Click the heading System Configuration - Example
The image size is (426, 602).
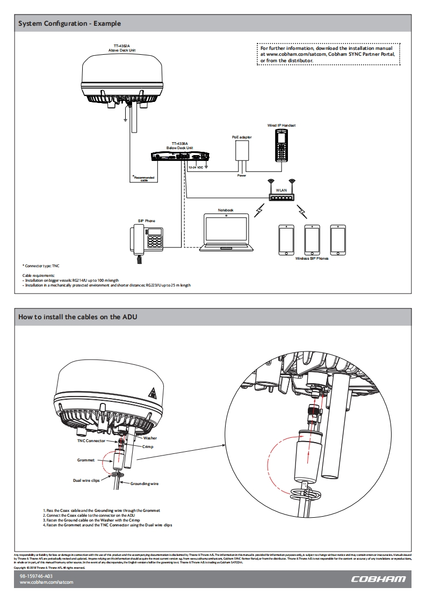click(69, 24)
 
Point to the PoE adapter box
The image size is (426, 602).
click(242, 155)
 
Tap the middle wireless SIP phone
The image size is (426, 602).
click(312, 239)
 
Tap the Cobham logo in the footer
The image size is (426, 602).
click(378, 579)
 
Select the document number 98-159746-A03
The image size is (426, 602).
click(36, 576)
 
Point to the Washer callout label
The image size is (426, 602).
click(150, 438)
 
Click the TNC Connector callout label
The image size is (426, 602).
click(91, 441)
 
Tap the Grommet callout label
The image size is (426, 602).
click(86, 460)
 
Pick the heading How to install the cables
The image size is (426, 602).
click(78, 317)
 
